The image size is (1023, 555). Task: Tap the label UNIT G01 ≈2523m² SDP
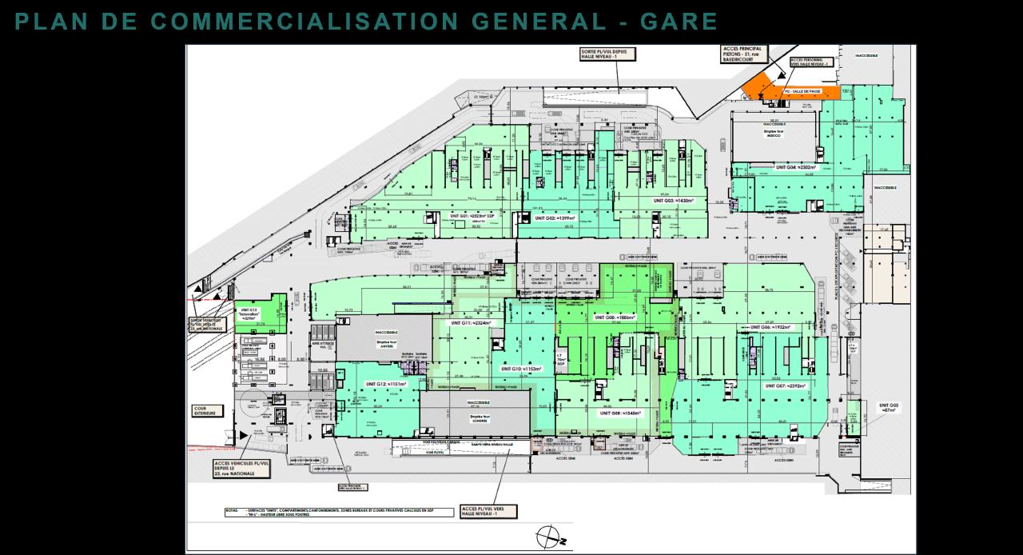pos(472,216)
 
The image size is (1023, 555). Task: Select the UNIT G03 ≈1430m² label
pos(674,201)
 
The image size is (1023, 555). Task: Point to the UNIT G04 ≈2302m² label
pos(795,168)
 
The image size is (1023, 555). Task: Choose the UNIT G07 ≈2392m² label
pos(786,386)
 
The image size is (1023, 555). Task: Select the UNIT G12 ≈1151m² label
pos(387,385)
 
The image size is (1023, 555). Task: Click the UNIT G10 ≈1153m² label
pos(521,369)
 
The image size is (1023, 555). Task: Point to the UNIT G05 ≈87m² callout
pos(890,408)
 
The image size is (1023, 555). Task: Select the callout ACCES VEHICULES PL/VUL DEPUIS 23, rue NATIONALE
pos(238,468)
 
